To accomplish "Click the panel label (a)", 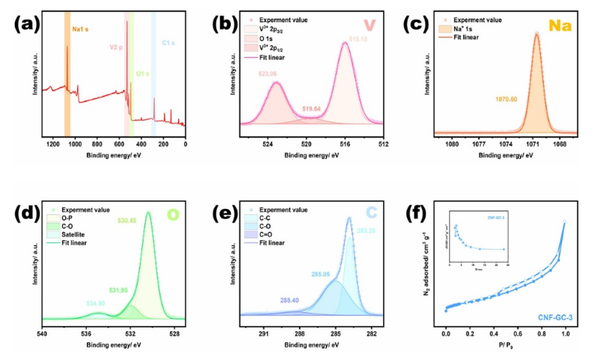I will tap(25, 24).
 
